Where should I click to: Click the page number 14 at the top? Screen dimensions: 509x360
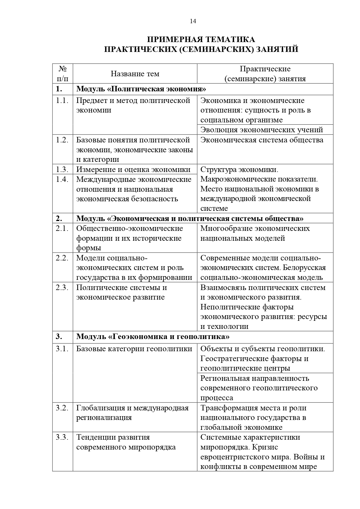pos(193,21)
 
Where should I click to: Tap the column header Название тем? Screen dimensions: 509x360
pos(135,74)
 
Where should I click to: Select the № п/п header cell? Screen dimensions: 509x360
pos(63,74)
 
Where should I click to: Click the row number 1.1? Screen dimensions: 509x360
pos(62,101)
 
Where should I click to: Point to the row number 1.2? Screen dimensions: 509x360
pos(62,140)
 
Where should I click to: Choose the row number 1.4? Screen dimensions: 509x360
pos(62,179)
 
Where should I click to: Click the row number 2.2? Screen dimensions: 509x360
pos(62,258)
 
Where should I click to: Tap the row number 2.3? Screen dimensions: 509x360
pos(62,287)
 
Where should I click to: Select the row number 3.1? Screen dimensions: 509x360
pos(62,349)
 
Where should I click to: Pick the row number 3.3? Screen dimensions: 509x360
pos(62,437)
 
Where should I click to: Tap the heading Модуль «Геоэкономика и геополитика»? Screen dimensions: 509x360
pos(153,336)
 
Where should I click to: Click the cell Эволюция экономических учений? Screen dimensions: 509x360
pos(262,130)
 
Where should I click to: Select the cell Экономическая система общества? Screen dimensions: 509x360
pos(262,140)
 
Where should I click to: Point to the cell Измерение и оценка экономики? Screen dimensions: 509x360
pos(133,169)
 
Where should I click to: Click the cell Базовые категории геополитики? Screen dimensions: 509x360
pos(134,349)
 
